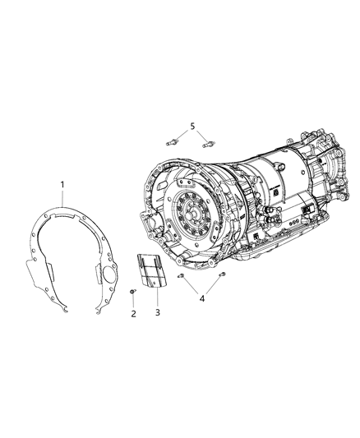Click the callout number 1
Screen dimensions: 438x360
pos(62,185)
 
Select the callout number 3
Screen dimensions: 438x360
pos(157,314)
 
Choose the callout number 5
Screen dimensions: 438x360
pos(193,126)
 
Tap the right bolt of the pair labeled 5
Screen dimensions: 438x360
pos(209,141)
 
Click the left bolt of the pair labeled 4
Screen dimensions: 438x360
pos(180,279)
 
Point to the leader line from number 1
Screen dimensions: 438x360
pos(63,201)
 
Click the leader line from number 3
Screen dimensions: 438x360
pos(155,296)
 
